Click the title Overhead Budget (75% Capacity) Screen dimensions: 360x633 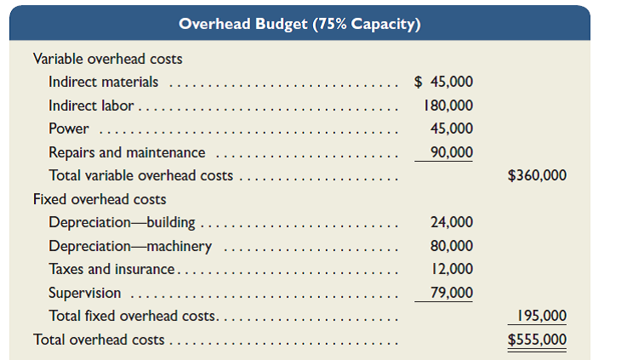click(x=299, y=24)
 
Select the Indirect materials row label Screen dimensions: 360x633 click(x=103, y=83)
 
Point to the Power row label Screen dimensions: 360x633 click(x=69, y=129)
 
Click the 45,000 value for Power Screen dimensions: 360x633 click(x=452, y=129)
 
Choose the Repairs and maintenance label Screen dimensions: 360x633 click(x=127, y=153)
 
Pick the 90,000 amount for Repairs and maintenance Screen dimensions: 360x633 click(x=452, y=153)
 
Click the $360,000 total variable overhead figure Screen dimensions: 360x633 click(x=536, y=176)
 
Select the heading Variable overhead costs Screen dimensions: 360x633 click(x=107, y=60)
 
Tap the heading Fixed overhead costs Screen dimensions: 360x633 click(x=100, y=200)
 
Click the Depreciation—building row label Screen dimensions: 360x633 click(x=122, y=223)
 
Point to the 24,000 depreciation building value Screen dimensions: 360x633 click(x=452, y=223)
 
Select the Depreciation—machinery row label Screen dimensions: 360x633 click(x=130, y=247)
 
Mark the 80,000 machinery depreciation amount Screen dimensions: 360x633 click(x=452, y=247)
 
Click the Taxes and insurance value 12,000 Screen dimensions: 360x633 click(x=452, y=270)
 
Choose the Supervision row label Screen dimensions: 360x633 click(x=84, y=294)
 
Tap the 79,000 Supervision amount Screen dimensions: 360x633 click(x=452, y=294)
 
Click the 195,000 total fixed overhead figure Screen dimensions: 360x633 click(x=541, y=317)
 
